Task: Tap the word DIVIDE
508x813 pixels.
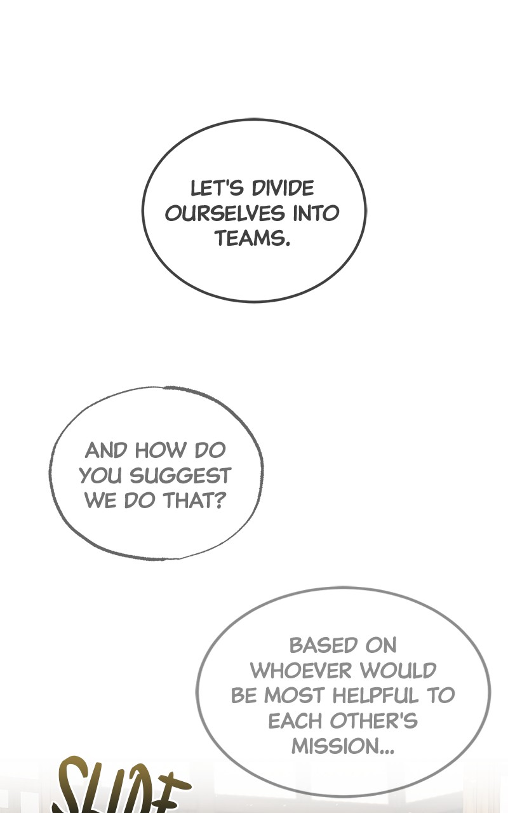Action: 283,189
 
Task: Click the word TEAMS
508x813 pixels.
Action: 252,239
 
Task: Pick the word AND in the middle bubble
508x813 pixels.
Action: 107,451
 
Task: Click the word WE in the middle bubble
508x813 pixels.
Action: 100,501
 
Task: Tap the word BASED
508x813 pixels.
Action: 316,646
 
